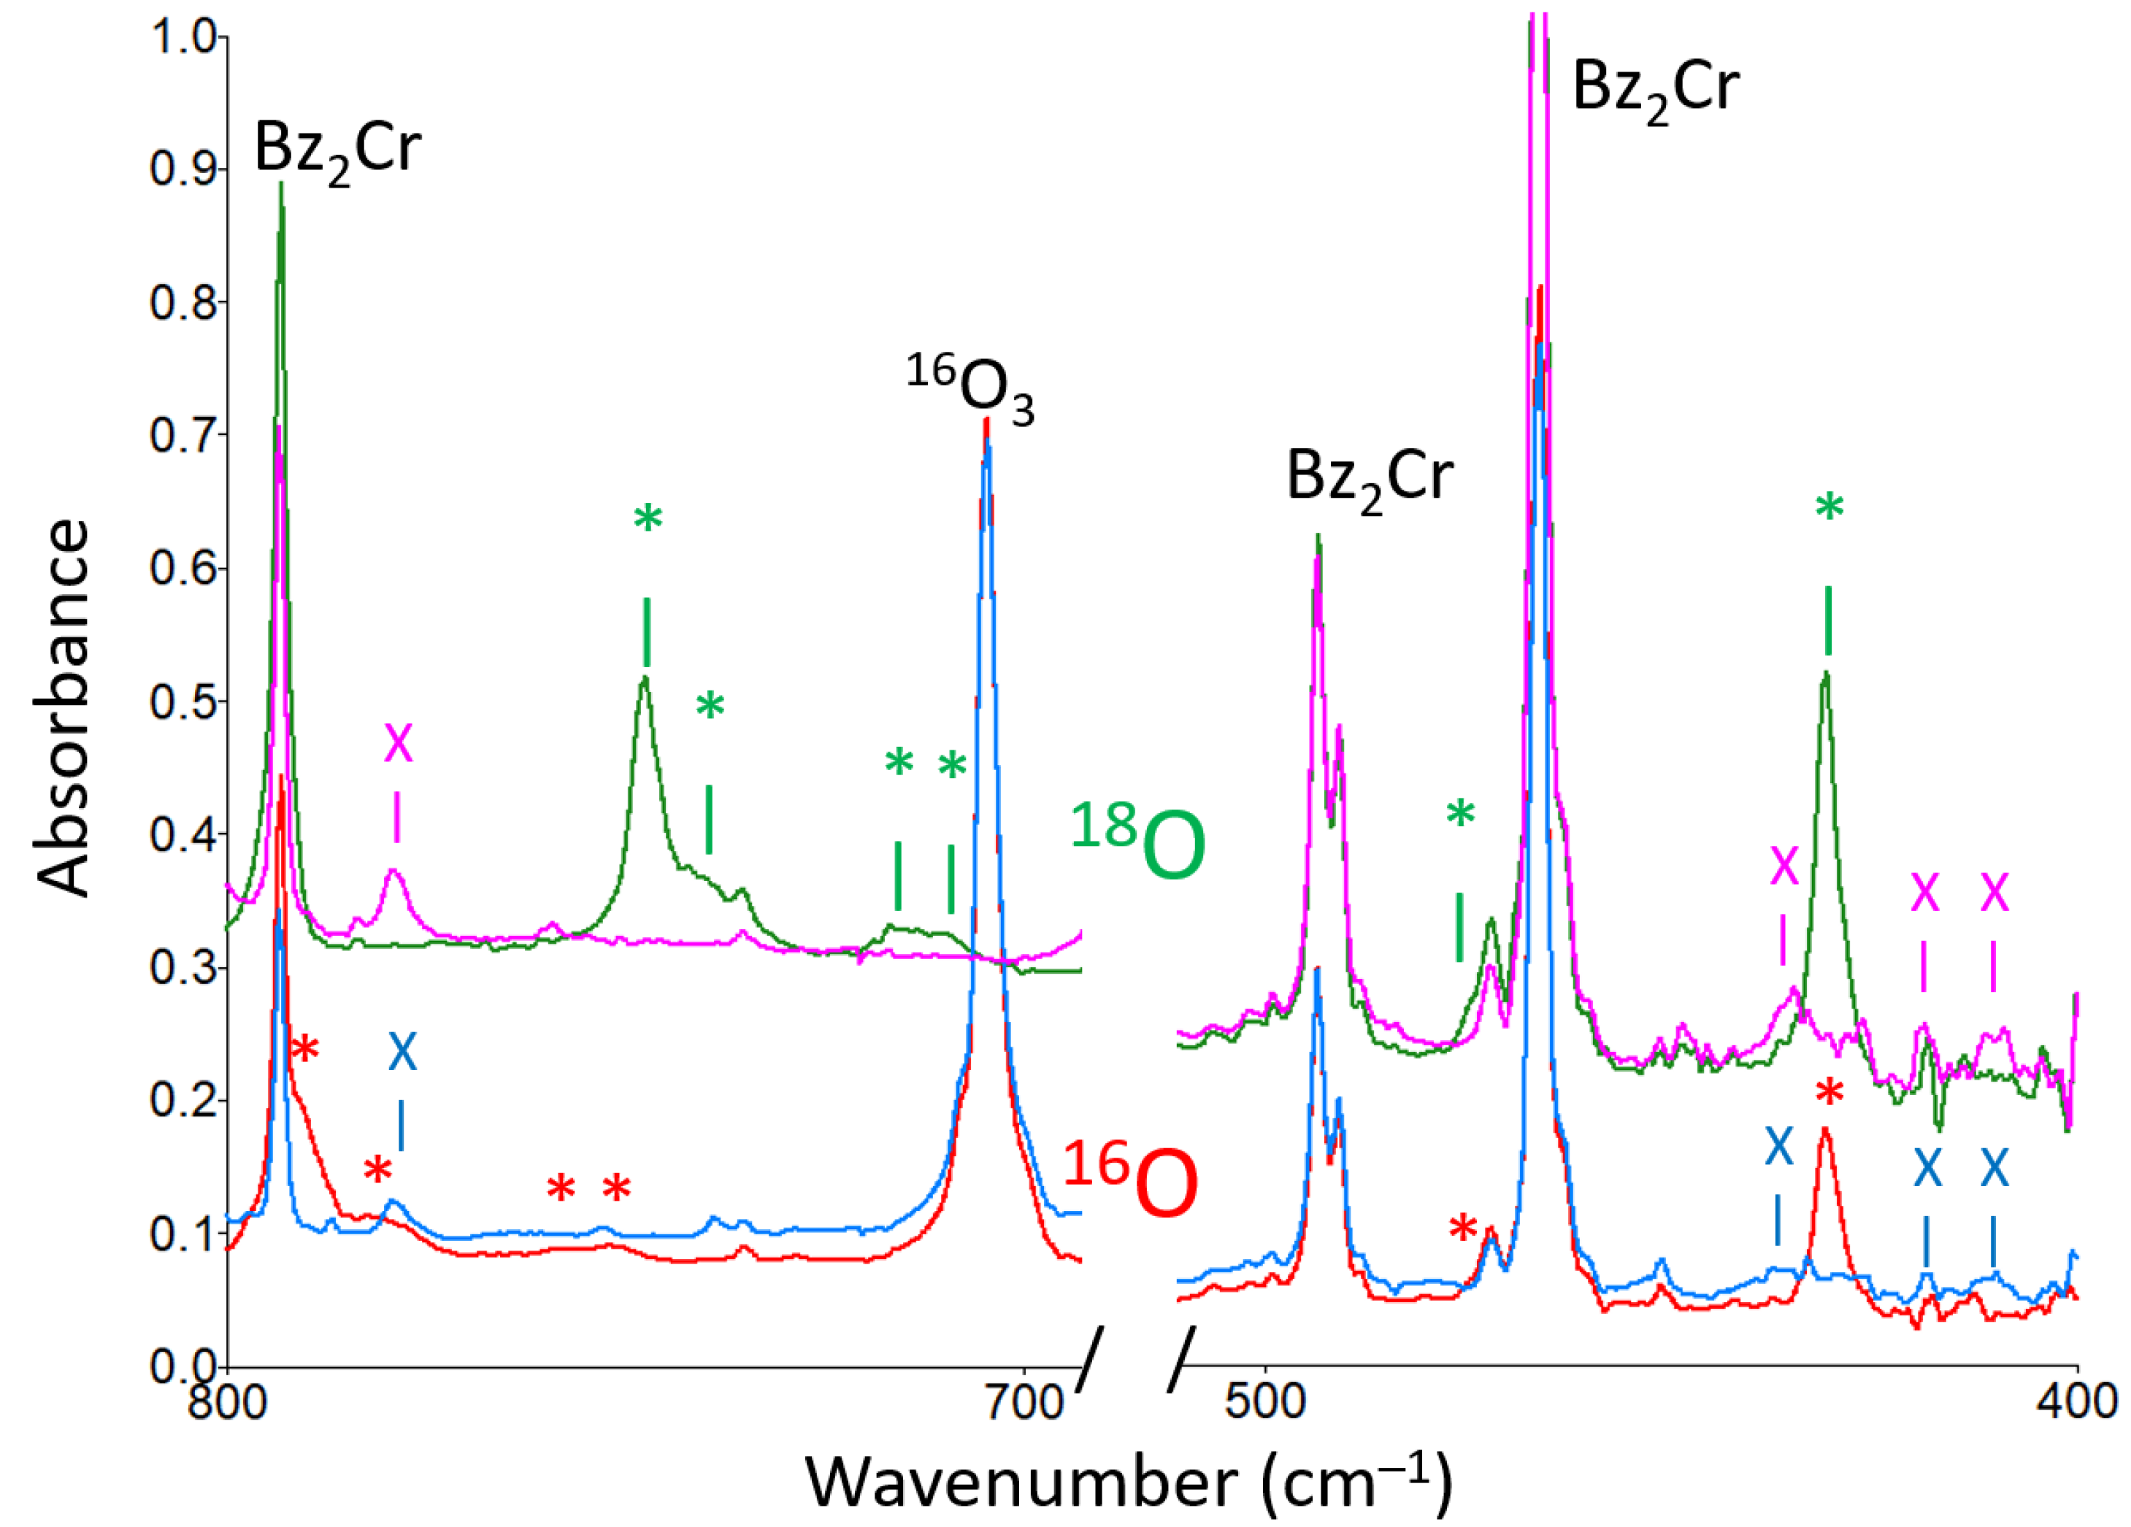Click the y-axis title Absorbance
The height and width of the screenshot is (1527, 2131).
click(64, 709)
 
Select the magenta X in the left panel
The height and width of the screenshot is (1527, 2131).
click(399, 743)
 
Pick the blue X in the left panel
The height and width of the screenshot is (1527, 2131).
click(402, 1053)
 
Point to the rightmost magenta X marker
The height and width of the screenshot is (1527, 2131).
click(1994, 893)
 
